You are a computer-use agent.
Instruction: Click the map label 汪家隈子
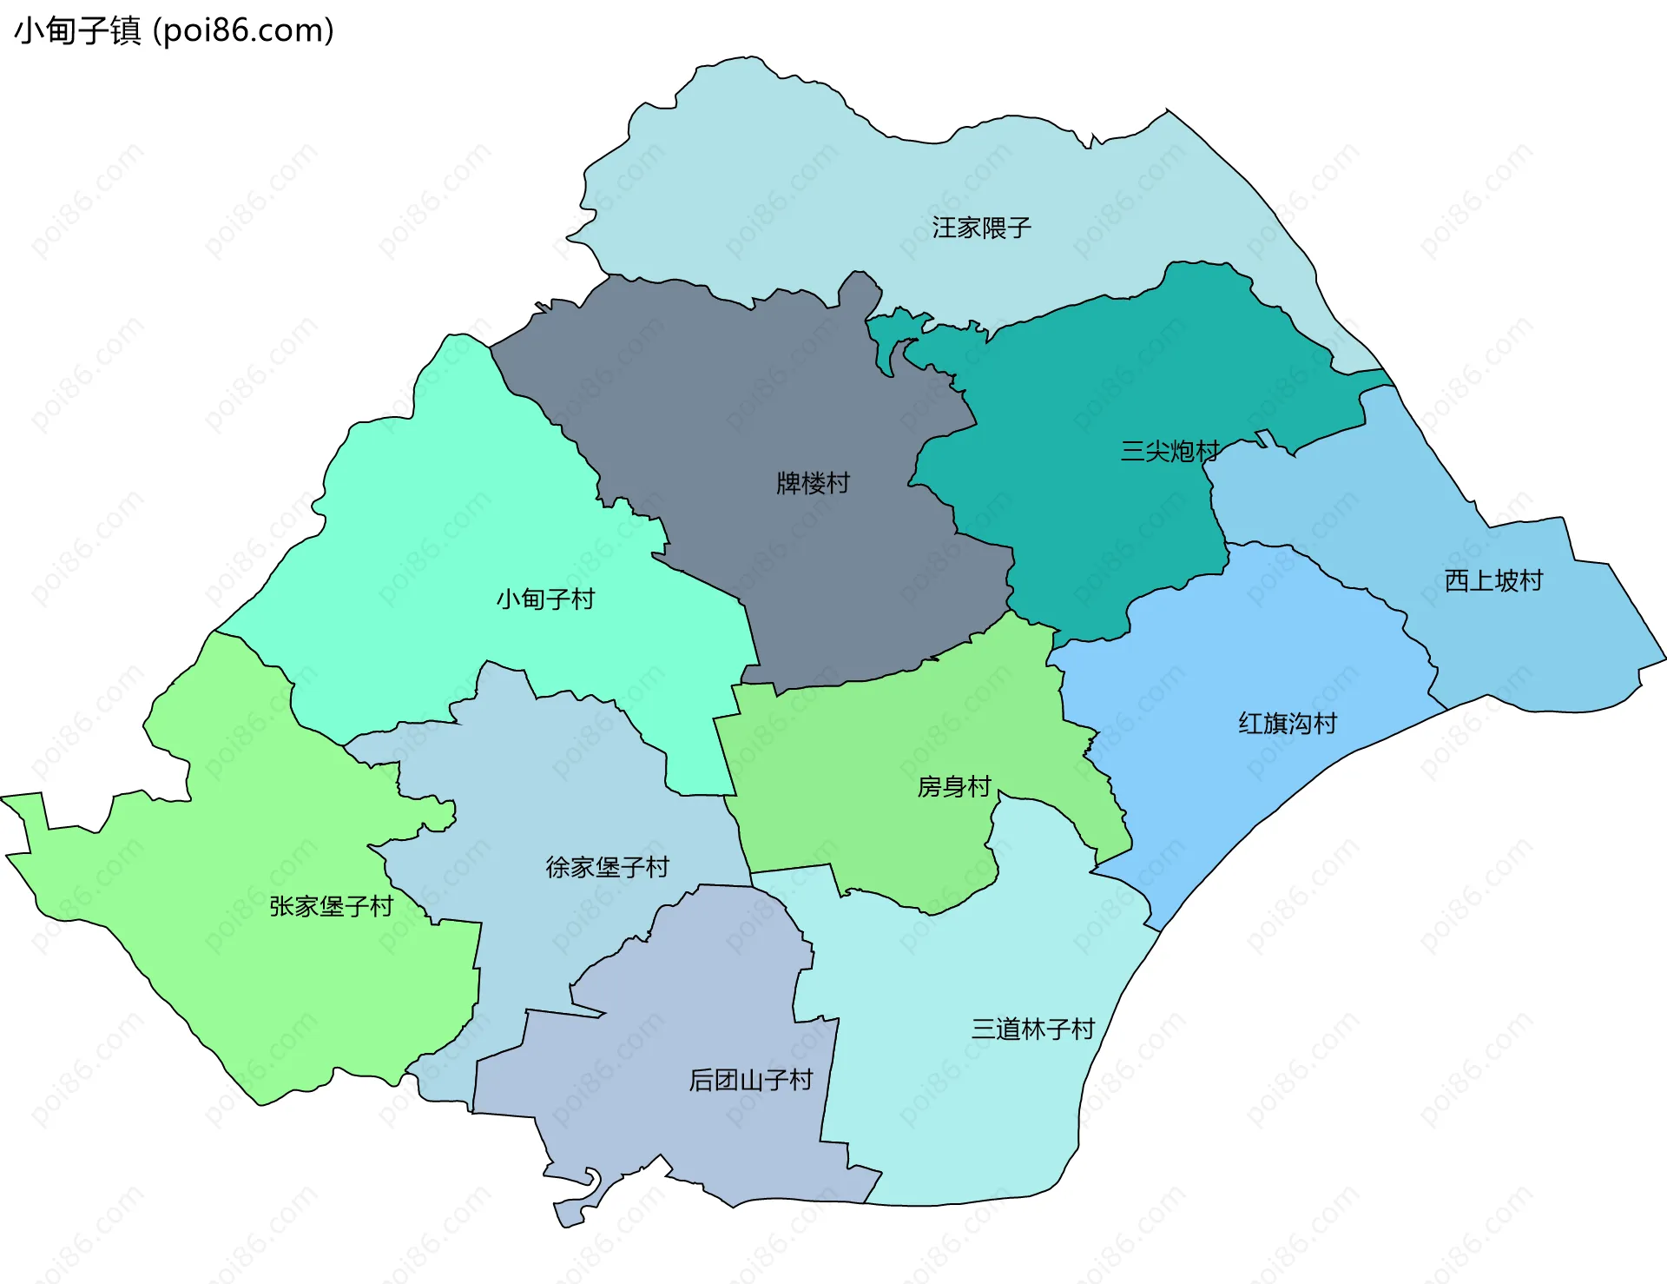981,228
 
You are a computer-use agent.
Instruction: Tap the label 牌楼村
813,483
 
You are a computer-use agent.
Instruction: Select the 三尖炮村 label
1170,451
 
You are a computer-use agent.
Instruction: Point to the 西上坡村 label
1493,580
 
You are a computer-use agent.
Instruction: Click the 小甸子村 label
545,599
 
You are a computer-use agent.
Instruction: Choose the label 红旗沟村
1288,723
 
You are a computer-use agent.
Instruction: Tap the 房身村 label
954,786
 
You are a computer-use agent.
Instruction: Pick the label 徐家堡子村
607,866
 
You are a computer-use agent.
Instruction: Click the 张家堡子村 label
331,906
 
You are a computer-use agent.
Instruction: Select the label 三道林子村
1032,1029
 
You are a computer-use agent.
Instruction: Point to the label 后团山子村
750,1080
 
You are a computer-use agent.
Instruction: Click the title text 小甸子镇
77,31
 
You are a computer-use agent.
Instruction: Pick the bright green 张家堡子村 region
260,999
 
